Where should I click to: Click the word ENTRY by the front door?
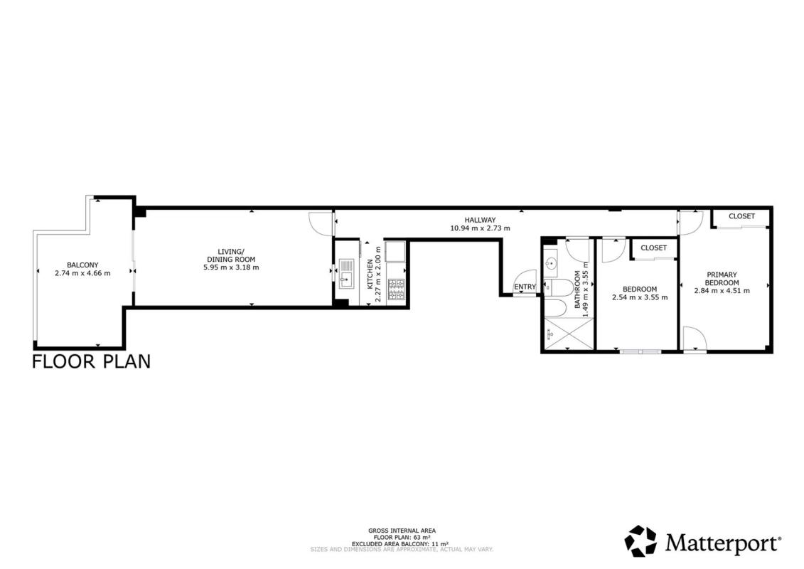pos(525,287)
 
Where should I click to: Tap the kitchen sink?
pos(347,273)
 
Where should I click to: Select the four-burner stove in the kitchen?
pos(397,289)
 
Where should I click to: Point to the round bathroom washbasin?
pos(551,264)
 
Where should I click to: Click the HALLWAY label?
pos(480,220)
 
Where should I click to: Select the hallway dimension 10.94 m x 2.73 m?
pos(480,228)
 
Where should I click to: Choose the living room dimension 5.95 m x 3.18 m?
pos(231,267)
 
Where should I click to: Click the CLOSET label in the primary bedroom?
pos(741,216)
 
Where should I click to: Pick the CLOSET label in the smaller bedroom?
pos(654,248)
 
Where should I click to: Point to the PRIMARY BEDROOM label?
pos(722,279)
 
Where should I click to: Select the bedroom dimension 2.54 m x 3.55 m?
pos(640,297)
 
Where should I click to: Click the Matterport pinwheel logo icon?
pos(640,541)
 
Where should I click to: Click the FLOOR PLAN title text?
pos(91,361)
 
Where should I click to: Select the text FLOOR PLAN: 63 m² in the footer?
pos(402,537)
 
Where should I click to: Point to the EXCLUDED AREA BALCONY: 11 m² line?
pos(400,543)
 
